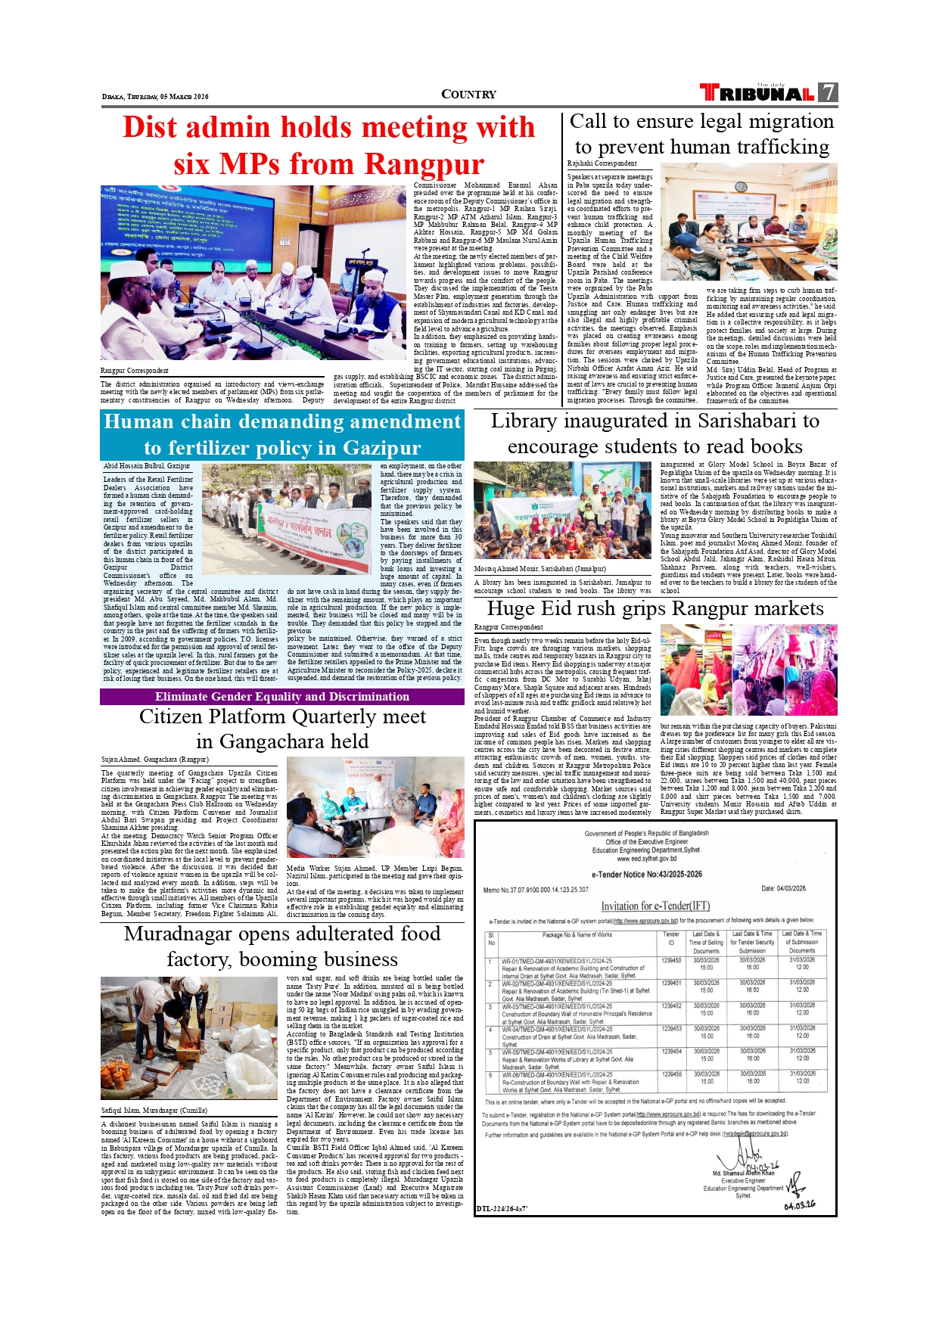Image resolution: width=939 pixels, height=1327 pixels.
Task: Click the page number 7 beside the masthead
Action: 829,92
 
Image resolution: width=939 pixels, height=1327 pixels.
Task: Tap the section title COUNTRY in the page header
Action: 468,95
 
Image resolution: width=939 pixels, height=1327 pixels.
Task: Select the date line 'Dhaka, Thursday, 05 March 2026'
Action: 155,97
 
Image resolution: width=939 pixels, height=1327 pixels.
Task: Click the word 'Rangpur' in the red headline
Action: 424,164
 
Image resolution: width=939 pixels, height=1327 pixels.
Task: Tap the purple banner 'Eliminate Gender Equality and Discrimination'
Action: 281,697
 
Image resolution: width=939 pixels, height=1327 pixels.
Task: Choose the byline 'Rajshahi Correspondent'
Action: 602,163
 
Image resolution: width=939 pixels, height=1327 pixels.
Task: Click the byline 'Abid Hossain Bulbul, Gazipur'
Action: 147,466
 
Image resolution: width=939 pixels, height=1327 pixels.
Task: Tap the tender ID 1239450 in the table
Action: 670,960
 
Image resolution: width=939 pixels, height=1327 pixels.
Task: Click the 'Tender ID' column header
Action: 670,938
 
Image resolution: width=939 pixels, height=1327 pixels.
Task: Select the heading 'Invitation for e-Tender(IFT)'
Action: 655,906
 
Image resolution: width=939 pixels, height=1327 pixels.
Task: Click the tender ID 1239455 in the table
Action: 670,1074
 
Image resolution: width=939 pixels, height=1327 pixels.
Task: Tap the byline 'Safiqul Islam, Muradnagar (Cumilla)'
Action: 154,1111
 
